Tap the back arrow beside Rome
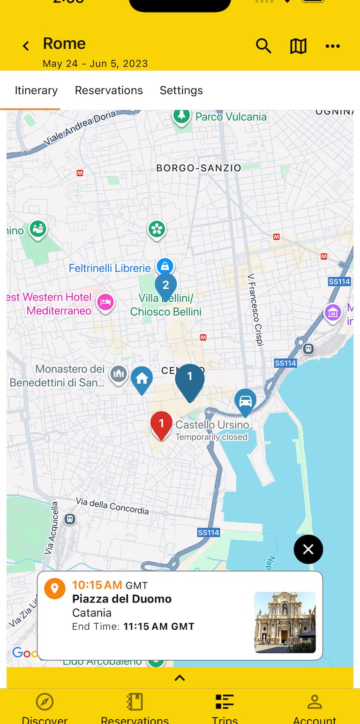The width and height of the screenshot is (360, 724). pyautogui.click(x=26, y=46)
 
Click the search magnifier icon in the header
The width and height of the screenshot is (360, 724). pyautogui.click(x=263, y=46)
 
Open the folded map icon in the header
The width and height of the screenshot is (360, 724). pyautogui.click(x=298, y=46)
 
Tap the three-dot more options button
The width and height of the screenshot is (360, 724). pyautogui.click(x=332, y=46)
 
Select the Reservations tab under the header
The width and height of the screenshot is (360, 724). pyautogui.click(x=109, y=90)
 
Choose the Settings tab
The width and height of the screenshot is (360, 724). pyautogui.click(x=181, y=90)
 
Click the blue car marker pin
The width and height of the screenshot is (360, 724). pyautogui.click(x=245, y=401)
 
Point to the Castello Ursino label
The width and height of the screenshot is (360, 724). pyautogui.click(x=212, y=425)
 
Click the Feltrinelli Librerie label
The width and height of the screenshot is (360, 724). pyautogui.click(x=110, y=268)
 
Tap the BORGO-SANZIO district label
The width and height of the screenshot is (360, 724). pyautogui.click(x=199, y=168)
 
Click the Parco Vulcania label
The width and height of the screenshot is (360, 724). pyautogui.click(x=231, y=117)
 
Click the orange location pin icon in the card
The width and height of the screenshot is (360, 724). pyautogui.click(x=54, y=588)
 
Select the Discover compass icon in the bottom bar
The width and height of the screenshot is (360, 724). pyautogui.click(x=45, y=702)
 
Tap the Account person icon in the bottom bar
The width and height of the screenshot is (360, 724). pyautogui.click(x=315, y=702)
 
